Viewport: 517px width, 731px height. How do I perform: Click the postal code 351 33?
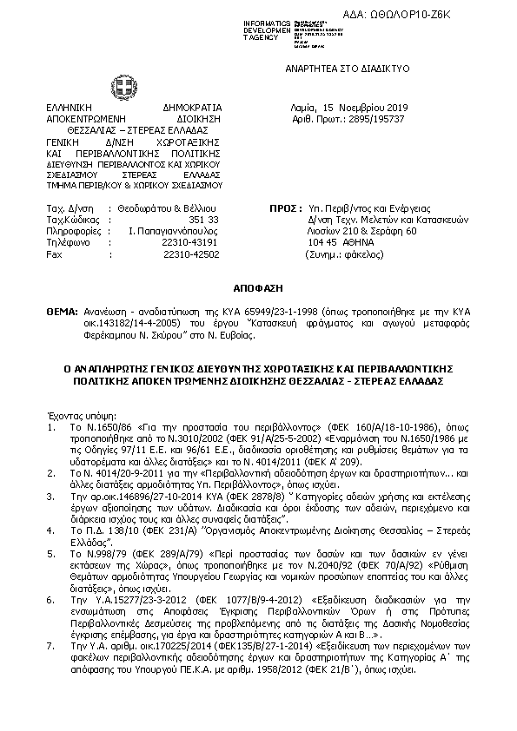coord(204,221)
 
